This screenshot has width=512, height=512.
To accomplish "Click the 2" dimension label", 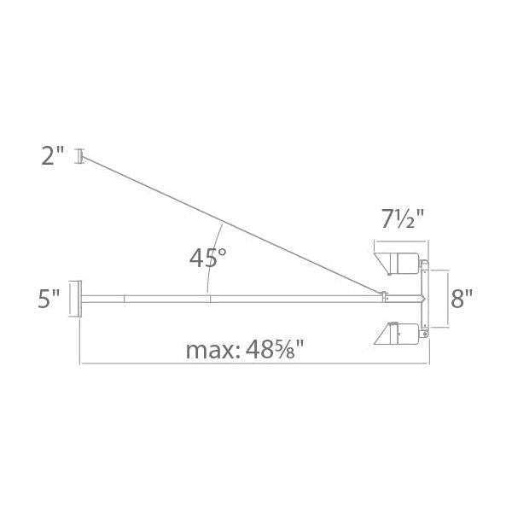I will [52, 155].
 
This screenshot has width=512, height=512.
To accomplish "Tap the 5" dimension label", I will [49, 299].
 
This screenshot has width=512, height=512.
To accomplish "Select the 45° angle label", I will [208, 257].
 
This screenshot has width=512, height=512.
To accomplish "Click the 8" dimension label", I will [462, 299].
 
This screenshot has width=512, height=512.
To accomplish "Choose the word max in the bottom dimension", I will [209, 350].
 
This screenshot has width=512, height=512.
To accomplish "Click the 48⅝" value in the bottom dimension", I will [275, 350].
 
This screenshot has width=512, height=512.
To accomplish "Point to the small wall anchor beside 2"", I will [80, 156].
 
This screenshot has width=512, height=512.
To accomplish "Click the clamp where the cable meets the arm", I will [386, 297].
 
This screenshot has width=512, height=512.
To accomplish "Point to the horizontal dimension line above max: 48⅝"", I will [256, 364].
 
